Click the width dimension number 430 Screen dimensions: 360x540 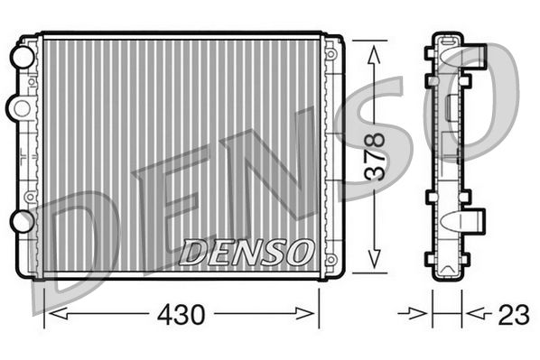(x=182, y=315)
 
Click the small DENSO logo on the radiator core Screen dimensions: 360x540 (x=247, y=252)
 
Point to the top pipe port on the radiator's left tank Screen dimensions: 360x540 (x=20, y=57)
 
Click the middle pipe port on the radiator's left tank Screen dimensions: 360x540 (x=17, y=107)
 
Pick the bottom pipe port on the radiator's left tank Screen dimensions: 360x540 (x=20, y=220)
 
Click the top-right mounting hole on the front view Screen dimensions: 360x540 (x=331, y=54)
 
